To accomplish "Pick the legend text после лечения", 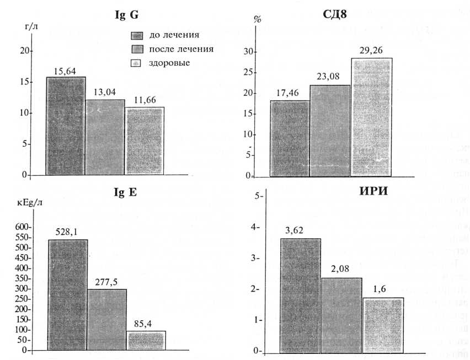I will [x=181, y=49].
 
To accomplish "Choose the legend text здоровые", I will [x=169, y=63].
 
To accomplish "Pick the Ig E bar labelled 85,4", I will [x=146, y=341].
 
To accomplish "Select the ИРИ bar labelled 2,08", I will [x=341, y=314].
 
